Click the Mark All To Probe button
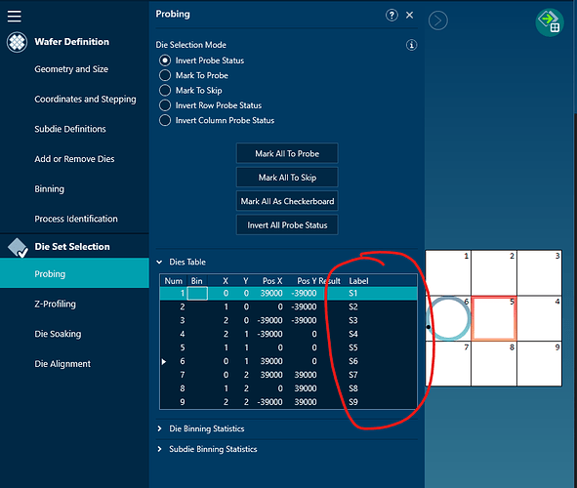coord(287,153)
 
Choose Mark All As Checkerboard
coord(287,201)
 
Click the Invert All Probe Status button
coord(287,225)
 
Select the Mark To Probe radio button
coord(165,75)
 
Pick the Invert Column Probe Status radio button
coord(165,120)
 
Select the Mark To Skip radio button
coord(165,91)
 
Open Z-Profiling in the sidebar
coord(56,305)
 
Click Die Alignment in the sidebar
coord(62,364)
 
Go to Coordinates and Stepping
coord(85,100)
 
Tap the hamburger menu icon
coord(15,16)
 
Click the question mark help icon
coord(392,15)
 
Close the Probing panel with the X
coord(410,15)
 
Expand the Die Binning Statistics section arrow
coord(160,428)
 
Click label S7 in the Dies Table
coord(352,375)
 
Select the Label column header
coord(358,281)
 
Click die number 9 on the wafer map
coord(539,363)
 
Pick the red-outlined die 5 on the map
coord(494,318)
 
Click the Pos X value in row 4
coord(270,334)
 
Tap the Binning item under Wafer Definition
coord(50,189)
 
